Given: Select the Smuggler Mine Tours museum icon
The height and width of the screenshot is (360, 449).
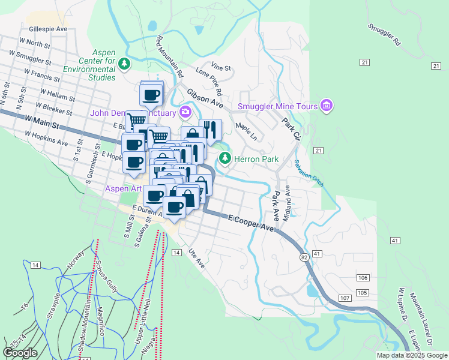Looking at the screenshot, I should coord(327,107).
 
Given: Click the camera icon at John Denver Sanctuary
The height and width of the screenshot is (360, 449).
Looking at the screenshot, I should coord(185,112).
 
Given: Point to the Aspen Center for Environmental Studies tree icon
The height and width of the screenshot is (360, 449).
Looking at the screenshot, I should coord(124,63).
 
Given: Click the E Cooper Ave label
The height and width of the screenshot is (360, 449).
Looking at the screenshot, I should coord(250,223).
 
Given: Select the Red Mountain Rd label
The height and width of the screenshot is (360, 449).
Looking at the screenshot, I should coord(170,57).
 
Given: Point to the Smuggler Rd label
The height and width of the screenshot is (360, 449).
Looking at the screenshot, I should coord(384,35).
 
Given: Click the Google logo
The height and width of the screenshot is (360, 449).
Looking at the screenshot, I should coord(20,353).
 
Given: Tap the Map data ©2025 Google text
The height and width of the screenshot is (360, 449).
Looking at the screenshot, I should coord(412,355).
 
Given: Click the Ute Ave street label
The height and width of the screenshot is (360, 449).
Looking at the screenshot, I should coord(196,258).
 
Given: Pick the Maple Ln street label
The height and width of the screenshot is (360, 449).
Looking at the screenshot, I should coord(246,132).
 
